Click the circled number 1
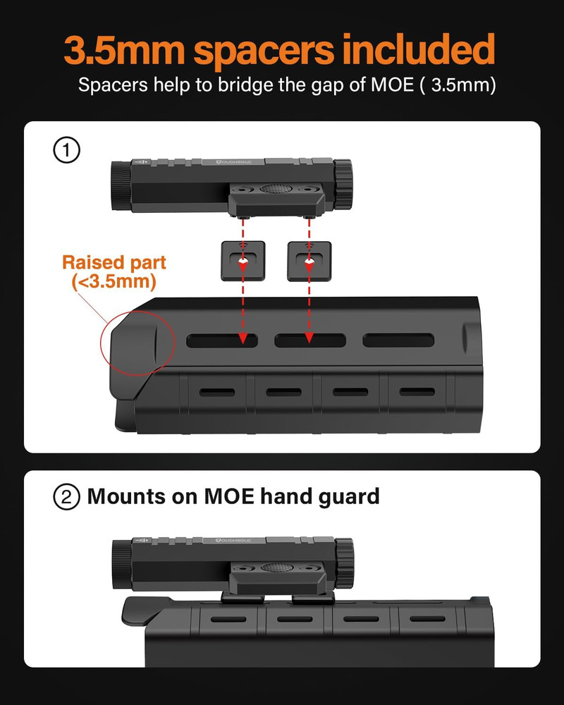(67, 151)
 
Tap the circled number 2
(67, 496)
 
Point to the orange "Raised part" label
(114, 263)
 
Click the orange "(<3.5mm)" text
(114, 281)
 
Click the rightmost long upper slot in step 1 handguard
(398, 341)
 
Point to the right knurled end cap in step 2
(344, 557)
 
